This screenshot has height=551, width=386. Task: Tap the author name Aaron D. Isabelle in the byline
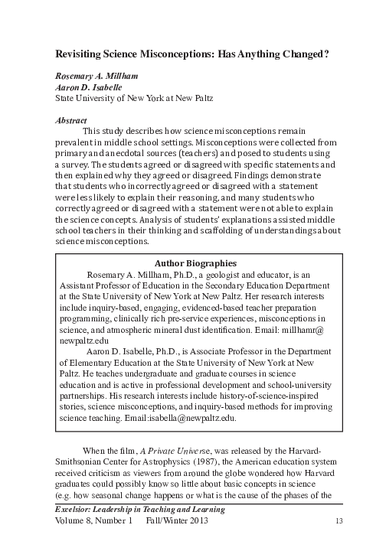[x=86, y=88]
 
